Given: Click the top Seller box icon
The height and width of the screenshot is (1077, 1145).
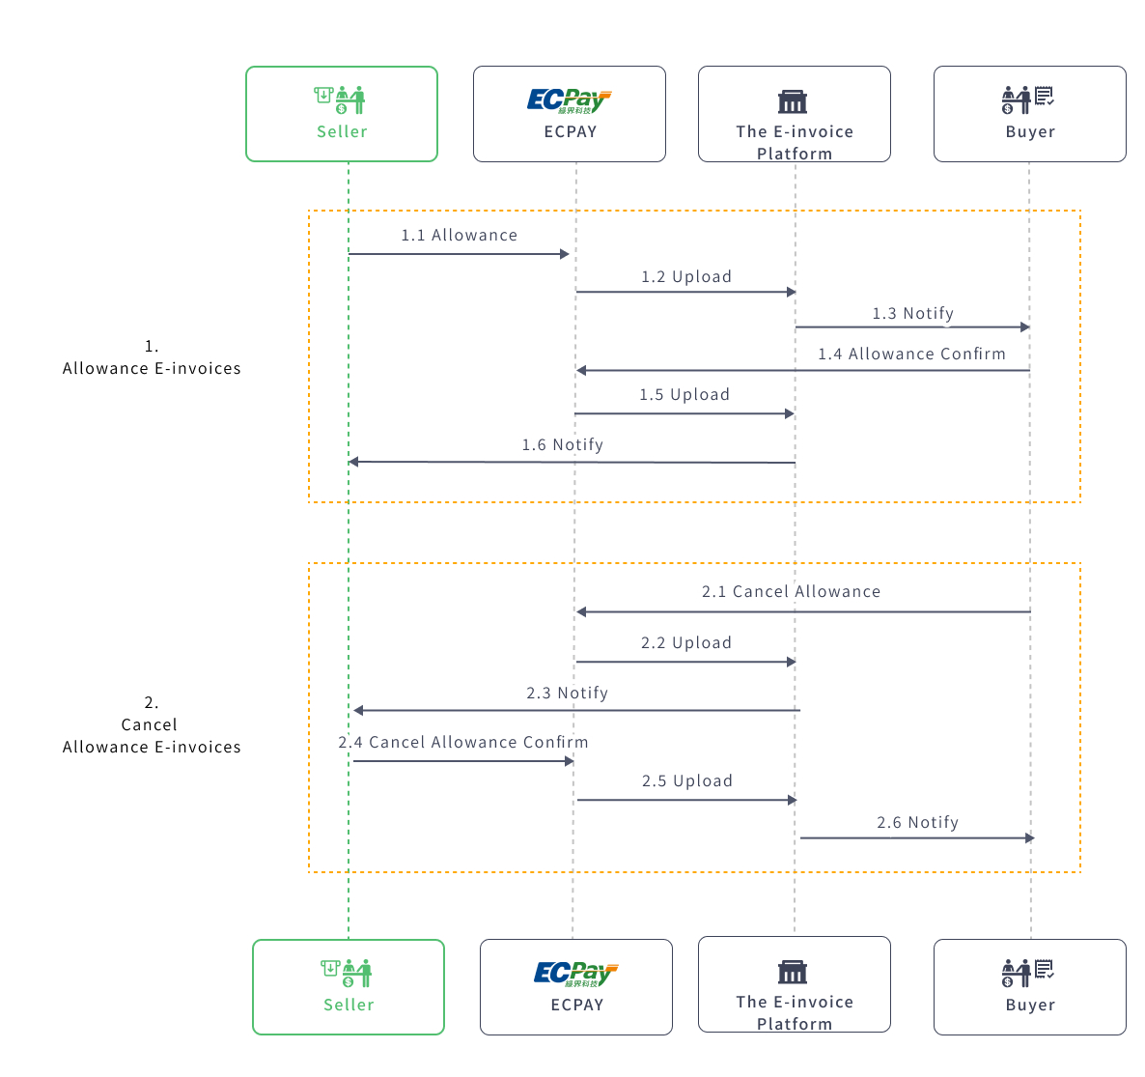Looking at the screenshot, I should click(x=341, y=99).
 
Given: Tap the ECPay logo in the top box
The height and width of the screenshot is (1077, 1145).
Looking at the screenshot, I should click(x=570, y=100).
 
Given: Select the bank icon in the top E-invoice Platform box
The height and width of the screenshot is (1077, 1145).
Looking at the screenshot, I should click(x=793, y=101).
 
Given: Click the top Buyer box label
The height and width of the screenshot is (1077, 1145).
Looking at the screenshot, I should click(x=1030, y=131).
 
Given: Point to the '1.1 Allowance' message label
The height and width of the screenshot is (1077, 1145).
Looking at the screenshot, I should click(x=460, y=235).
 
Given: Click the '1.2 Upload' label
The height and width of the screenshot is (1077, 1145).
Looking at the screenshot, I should click(x=686, y=276).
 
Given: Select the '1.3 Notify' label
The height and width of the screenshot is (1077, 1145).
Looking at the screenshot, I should click(x=913, y=313).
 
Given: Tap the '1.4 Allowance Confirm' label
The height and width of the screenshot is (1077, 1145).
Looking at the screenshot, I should click(x=911, y=354).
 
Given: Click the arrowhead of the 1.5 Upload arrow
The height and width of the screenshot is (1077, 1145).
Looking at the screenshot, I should click(x=789, y=413).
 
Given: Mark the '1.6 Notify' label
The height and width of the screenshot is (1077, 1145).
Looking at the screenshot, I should click(x=563, y=444).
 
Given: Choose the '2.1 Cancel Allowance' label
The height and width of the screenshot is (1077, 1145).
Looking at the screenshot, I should click(x=791, y=591).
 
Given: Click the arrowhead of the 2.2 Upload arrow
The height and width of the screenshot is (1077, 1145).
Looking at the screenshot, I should click(x=791, y=662).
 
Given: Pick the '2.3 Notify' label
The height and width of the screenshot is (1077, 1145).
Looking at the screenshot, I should click(x=568, y=693).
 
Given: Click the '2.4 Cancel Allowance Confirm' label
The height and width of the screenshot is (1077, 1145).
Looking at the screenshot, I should click(x=463, y=742).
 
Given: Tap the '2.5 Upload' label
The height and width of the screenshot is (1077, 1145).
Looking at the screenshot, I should click(x=687, y=780).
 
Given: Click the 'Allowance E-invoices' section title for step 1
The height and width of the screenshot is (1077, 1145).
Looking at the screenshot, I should click(x=152, y=368).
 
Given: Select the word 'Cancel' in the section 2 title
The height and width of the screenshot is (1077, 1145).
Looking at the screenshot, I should click(x=150, y=724).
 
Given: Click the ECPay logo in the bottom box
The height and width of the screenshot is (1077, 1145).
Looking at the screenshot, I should click(x=576, y=974).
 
